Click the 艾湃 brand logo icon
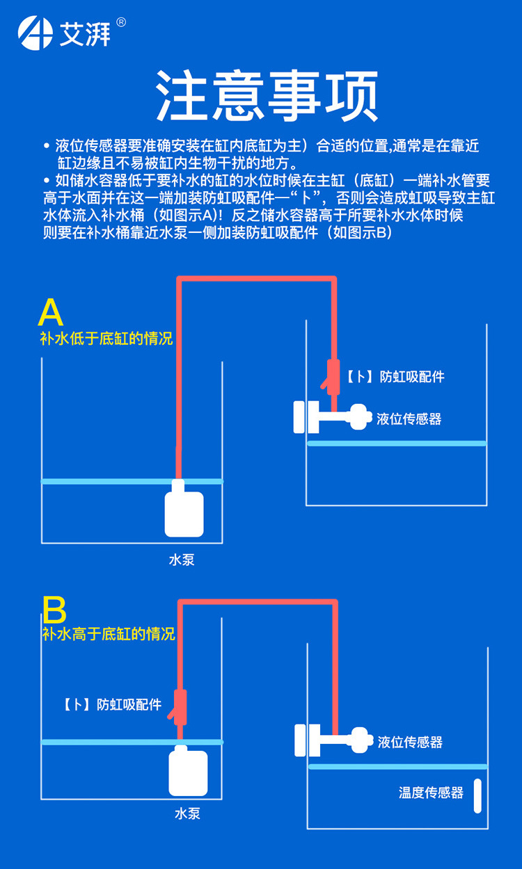coord(35,33)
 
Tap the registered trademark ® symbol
coord(121,22)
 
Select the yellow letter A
coord(51,314)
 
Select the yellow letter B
coord(54,610)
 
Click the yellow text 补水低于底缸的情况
coord(106,339)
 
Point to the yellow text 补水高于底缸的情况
coord(109,634)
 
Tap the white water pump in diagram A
coord(184,512)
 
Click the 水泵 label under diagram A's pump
coord(182,560)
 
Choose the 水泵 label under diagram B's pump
coord(187,813)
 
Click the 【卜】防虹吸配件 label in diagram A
coord(395,377)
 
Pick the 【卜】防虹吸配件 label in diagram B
coord(112,705)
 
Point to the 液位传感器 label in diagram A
coord(409,419)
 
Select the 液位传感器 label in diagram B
coord(410,742)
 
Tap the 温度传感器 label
coord(431,793)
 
